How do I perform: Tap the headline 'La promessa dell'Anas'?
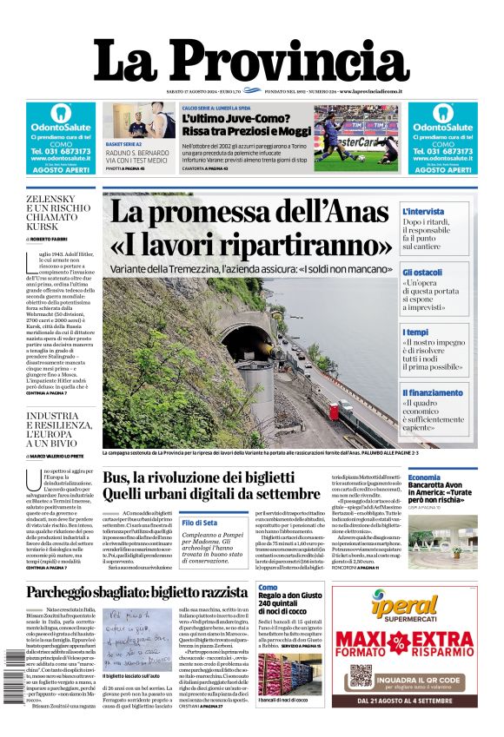[249, 213]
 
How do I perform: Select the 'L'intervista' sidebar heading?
[423, 211]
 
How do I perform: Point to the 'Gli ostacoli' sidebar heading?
[421, 272]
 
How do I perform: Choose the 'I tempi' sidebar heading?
[415, 332]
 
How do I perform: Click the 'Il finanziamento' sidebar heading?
[432, 392]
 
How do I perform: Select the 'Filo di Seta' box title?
[200, 523]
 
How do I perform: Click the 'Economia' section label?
[424, 478]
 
